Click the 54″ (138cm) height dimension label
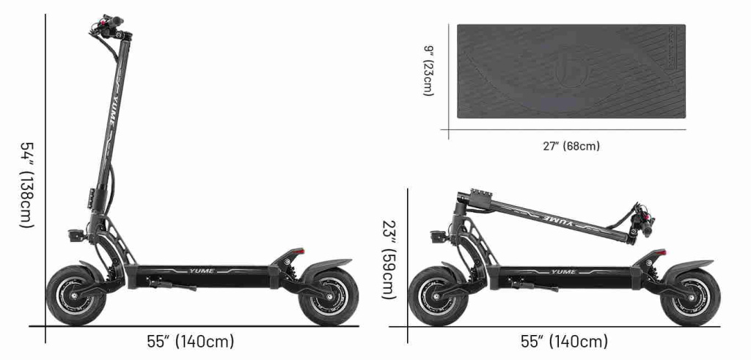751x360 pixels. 27,184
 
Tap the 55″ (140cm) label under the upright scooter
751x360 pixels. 190,342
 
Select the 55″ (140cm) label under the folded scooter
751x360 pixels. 564,342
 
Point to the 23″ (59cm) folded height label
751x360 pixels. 390,260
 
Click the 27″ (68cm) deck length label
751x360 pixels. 571,146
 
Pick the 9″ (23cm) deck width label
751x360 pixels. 428,71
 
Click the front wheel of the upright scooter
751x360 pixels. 76,296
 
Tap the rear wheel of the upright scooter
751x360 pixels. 329,296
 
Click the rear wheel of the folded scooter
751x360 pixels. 690,296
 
